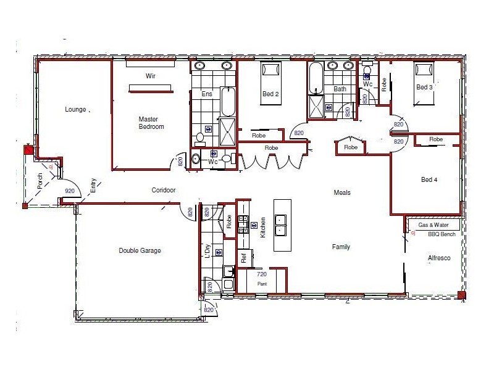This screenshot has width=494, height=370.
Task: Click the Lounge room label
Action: click(75, 110)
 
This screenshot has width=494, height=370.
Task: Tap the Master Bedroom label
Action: click(151, 123)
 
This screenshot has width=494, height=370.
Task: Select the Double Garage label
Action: click(140, 250)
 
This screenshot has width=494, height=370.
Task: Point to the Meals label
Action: click(342, 192)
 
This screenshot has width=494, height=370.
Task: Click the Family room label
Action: click(341, 247)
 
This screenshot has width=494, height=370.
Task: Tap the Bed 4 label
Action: click(430, 179)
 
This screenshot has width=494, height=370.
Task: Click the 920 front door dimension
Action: click(70, 191)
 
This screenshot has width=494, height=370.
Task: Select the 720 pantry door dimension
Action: click(261, 274)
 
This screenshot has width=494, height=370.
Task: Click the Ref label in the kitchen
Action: click(244, 258)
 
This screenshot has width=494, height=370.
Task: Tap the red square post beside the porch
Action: click(28, 150)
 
